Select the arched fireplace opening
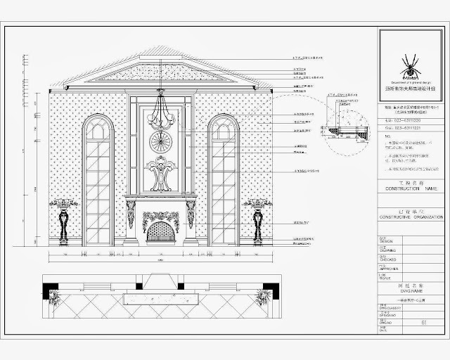click(x=161, y=231)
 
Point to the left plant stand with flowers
click(x=65, y=221)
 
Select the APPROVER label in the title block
click(x=390, y=269)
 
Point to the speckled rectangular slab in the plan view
click(x=160, y=299)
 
